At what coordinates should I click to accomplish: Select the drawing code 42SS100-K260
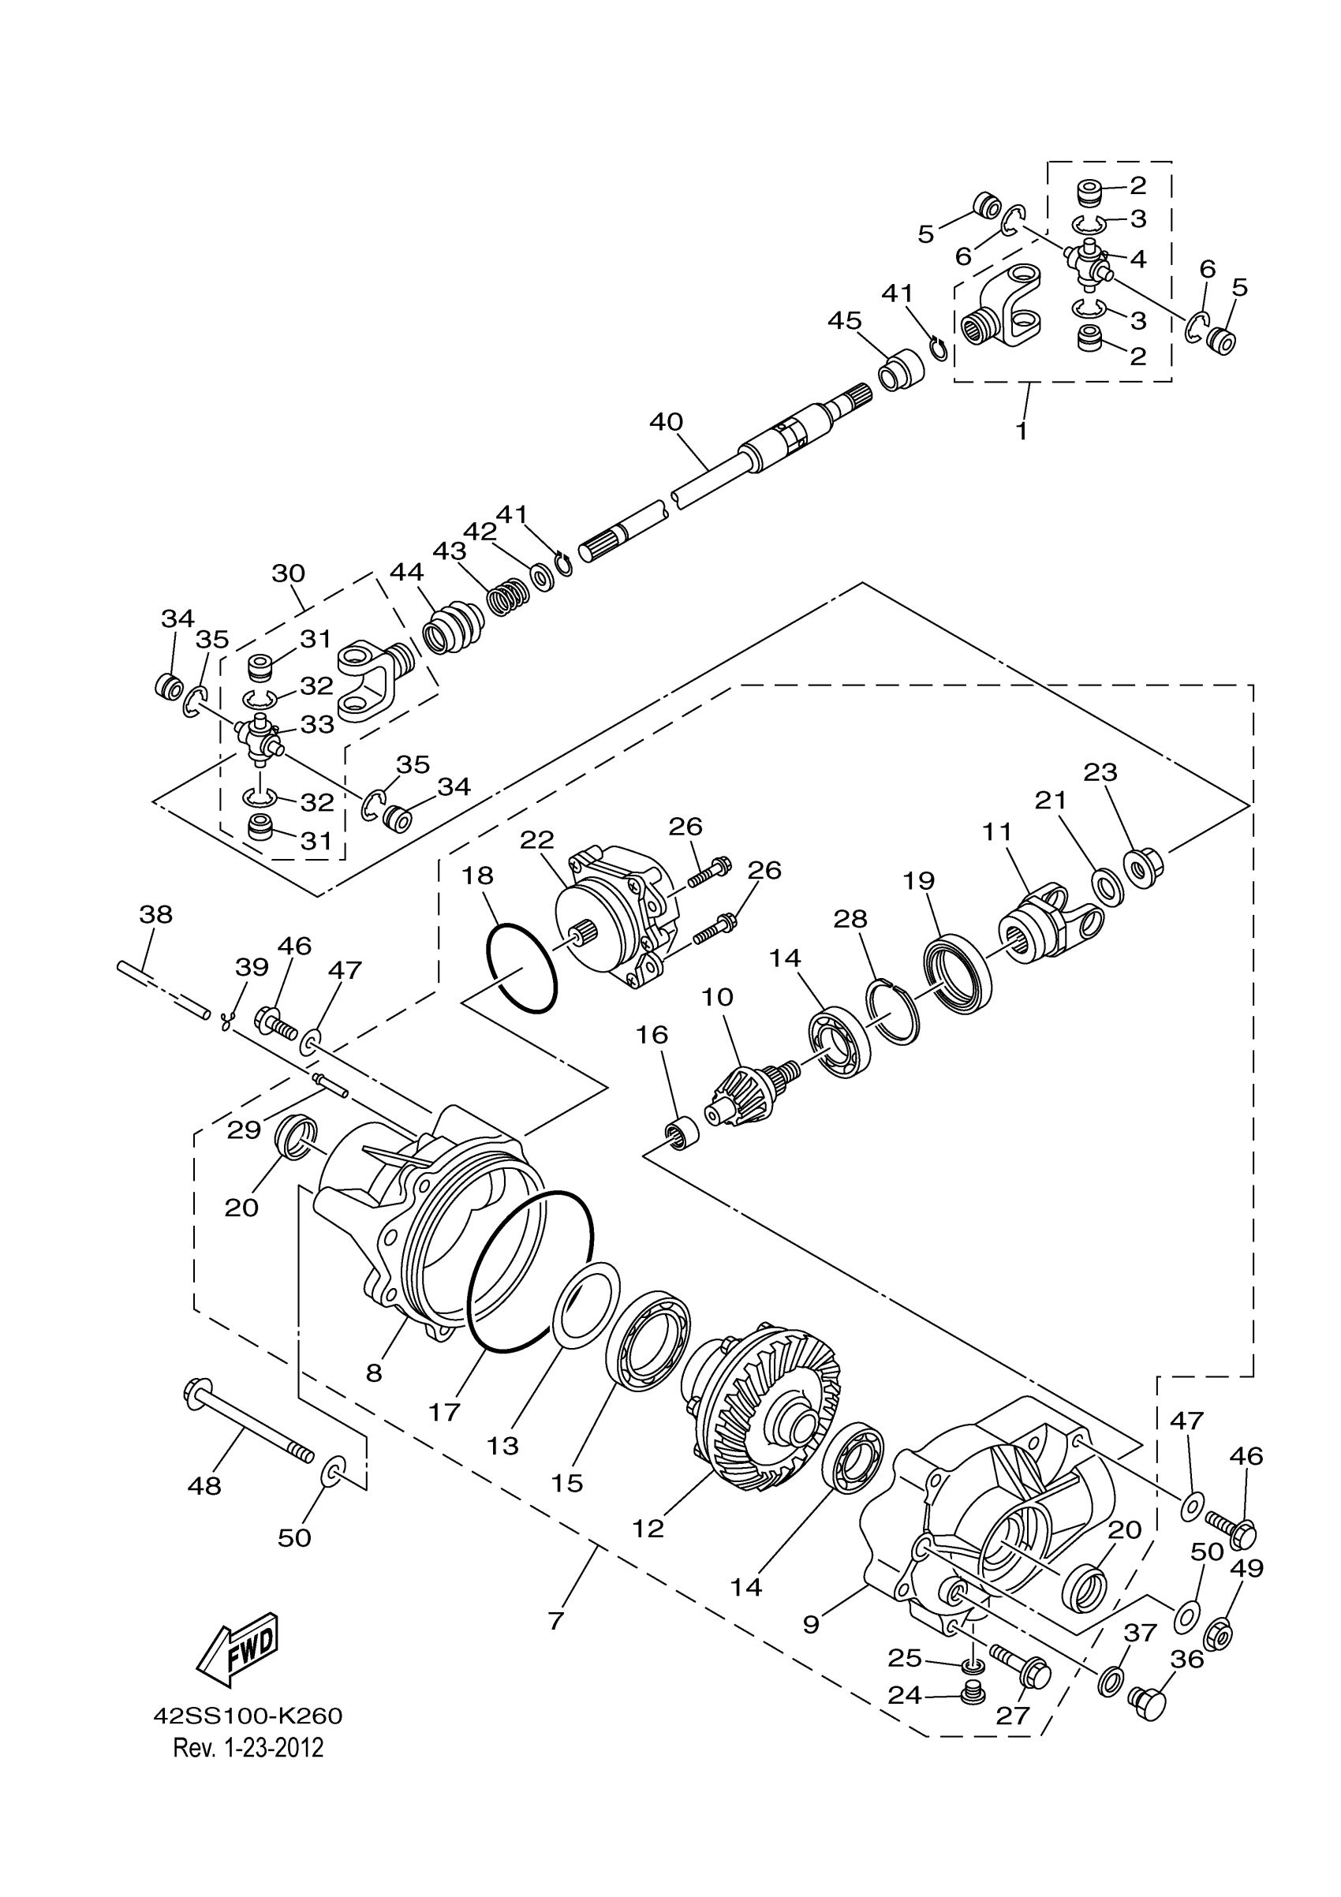(x=248, y=1717)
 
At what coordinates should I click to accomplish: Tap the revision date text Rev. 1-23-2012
(x=248, y=1748)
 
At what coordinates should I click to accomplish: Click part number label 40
(x=666, y=422)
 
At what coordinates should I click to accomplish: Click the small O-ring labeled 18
(x=521, y=968)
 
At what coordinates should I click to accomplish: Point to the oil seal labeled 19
(x=957, y=974)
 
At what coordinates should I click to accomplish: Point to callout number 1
(x=1022, y=431)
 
